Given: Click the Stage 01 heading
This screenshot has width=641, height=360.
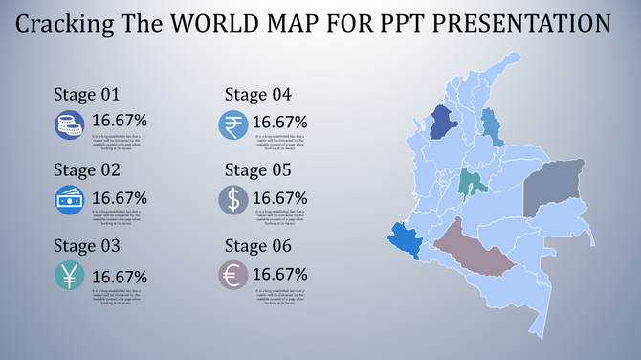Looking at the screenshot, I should click(x=85, y=95).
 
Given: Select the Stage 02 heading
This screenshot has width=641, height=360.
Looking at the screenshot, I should click(x=85, y=170).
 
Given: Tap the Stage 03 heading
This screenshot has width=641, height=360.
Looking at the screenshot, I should click(x=85, y=246).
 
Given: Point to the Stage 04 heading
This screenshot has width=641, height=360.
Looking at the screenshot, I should click(x=257, y=95).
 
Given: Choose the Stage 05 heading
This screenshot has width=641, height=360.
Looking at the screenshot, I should click(x=257, y=170).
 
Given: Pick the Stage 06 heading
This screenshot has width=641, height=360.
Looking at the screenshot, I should click(x=257, y=246).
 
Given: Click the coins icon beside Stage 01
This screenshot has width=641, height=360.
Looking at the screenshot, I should click(x=69, y=125).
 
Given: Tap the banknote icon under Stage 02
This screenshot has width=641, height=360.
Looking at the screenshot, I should click(x=69, y=200).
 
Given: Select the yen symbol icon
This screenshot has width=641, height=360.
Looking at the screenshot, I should click(x=69, y=276).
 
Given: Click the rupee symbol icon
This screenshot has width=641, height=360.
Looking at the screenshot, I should click(x=232, y=125).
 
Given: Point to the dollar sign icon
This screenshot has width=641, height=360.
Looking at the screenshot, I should click(x=232, y=200).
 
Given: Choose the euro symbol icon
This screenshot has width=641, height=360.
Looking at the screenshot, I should click(x=232, y=276).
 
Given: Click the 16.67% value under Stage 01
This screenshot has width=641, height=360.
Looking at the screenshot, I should click(x=120, y=121).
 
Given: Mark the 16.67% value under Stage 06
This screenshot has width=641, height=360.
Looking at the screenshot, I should click(x=279, y=274).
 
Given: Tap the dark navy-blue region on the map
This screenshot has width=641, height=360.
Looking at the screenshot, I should click(x=443, y=122).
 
